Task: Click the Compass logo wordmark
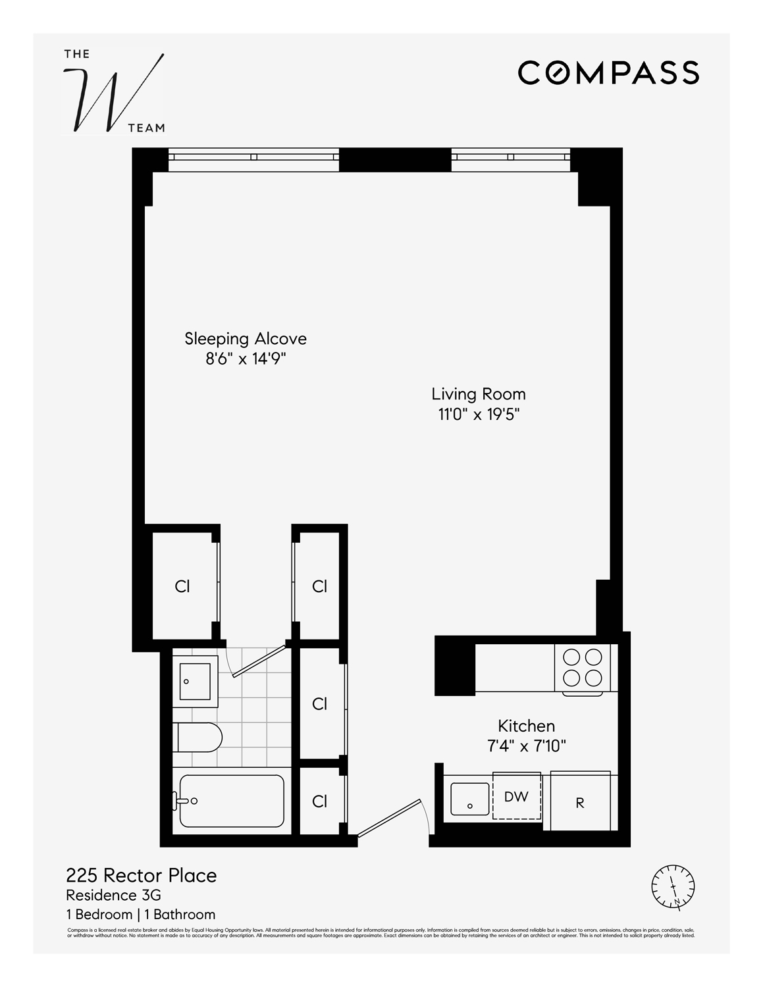(x=608, y=72)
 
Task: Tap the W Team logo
(x=114, y=91)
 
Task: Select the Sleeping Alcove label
(x=246, y=339)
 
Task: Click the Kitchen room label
(x=526, y=726)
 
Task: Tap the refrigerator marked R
(x=580, y=803)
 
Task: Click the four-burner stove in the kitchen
(x=583, y=667)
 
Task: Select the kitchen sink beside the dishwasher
(x=469, y=799)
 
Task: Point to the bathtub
(x=231, y=801)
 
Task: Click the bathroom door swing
(x=257, y=661)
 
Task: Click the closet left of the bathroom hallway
(x=183, y=586)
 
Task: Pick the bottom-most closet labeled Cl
(x=320, y=801)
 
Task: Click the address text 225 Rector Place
(x=141, y=875)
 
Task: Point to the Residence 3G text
(x=113, y=895)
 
